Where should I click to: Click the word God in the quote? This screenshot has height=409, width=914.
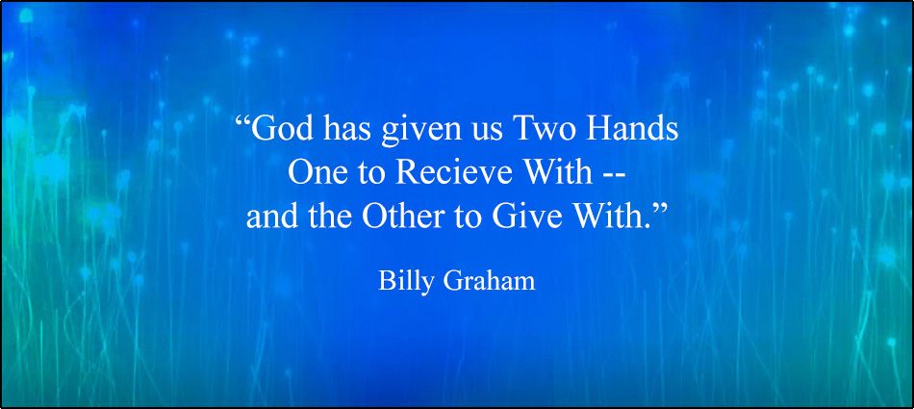pos(282,130)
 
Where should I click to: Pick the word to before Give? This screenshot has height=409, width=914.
pos(467,218)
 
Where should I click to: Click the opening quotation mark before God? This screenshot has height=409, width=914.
pos(243,123)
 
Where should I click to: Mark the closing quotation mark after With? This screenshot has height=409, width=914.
pos(659,211)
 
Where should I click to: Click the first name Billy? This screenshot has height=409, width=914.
pos(406,281)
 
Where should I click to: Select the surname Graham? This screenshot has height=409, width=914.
pos(489,280)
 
